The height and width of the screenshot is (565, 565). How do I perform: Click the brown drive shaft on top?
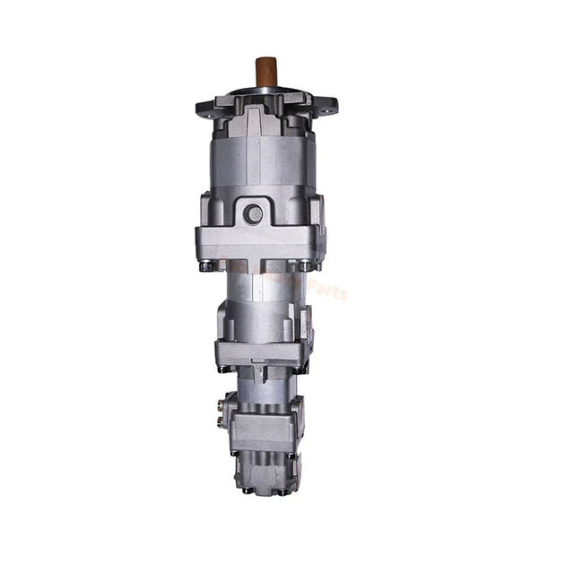265,72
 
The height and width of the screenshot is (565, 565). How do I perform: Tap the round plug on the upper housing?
255,213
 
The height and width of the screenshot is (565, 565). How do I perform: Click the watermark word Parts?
328,289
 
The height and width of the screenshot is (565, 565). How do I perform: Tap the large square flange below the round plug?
259,241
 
